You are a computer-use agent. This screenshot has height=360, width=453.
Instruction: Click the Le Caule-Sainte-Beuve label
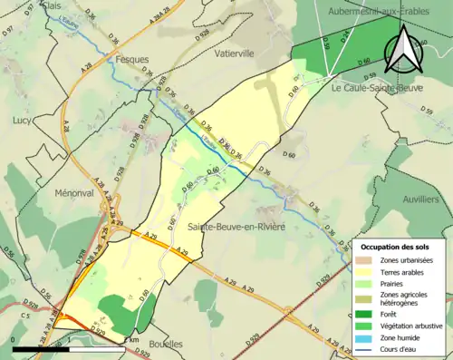click(375, 89)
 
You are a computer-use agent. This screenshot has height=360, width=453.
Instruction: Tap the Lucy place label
click(23, 119)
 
